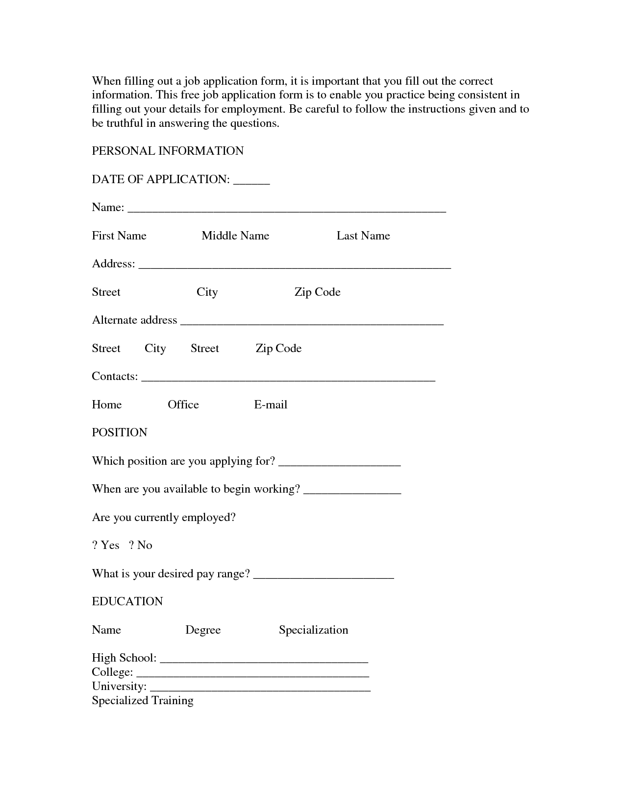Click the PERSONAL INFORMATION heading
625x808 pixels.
pyautogui.click(x=168, y=151)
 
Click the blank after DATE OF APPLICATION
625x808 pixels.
pyautogui.click(x=251, y=181)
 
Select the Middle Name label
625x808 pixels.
pyautogui.click(x=235, y=236)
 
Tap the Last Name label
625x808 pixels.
pyautogui.click(x=363, y=236)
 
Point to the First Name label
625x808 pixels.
pyautogui.click(x=119, y=236)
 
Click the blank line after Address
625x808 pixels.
pyautogui.click(x=295, y=265)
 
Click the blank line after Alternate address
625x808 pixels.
pyautogui.click(x=312, y=322)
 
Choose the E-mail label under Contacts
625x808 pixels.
pyautogui.click(x=271, y=404)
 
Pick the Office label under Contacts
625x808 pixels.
pyautogui.click(x=183, y=404)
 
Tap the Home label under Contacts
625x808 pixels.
pyautogui.click(x=107, y=404)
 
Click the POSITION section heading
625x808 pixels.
pyautogui.click(x=120, y=432)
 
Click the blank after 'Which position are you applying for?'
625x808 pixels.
pyautogui.click(x=342, y=463)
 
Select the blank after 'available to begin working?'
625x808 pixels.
pyautogui.click(x=352, y=491)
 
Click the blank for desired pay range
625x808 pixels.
pyautogui.click(x=324, y=575)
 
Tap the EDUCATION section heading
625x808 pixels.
pyautogui.click(x=127, y=601)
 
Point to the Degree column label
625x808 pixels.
pyautogui.click(x=203, y=630)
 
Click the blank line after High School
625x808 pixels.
pyautogui.click(x=264, y=660)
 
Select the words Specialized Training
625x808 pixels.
pyautogui.click(x=143, y=700)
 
